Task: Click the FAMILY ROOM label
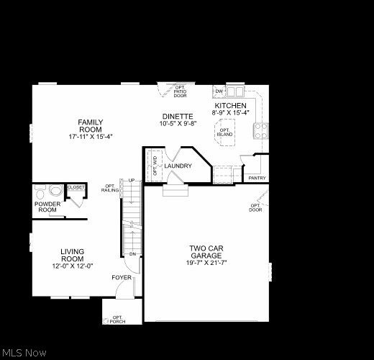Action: pyautogui.click(x=91, y=125)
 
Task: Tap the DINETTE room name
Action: pyautogui.click(x=177, y=116)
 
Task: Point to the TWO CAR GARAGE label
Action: pyautogui.click(x=206, y=252)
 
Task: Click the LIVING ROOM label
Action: pyautogui.click(x=72, y=255)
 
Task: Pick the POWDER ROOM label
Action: pyautogui.click(x=47, y=207)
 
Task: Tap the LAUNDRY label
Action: pyautogui.click(x=178, y=166)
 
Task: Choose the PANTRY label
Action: pyautogui.click(x=256, y=178)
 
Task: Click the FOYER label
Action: pyautogui.click(x=121, y=277)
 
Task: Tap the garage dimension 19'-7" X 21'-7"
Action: pyautogui.click(x=206, y=263)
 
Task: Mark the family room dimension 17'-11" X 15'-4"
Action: pyautogui.click(x=91, y=136)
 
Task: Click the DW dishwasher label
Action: pyautogui.click(x=219, y=92)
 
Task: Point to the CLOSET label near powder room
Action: pyautogui.click(x=76, y=187)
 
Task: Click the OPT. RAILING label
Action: pyautogui.click(x=109, y=188)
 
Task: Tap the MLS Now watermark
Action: pyautogui.click(x=25, y=353)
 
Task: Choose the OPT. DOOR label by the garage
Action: pyautogui.click(x=255, y=207)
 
